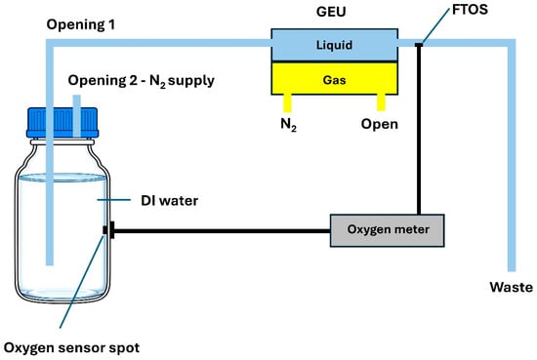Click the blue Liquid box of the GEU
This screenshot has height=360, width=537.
tap(334, 45)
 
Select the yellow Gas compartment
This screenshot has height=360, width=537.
tap(334, 79)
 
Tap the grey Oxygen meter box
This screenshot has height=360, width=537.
tap(387, 230)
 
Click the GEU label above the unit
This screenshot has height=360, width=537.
tap(331, 12)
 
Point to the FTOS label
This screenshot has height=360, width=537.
tap(470, 10)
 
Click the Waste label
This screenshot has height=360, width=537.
tap(511, 287)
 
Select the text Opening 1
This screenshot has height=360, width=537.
tap(81, 24)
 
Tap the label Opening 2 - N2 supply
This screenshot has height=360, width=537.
tap(142, 81)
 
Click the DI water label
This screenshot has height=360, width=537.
tap(170, 201)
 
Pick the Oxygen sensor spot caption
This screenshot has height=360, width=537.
tap(71, 348)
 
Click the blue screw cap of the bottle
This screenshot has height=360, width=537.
tap(62, 123)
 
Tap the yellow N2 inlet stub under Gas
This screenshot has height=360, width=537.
tap(287, 103)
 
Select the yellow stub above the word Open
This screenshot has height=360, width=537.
tap(381, 102)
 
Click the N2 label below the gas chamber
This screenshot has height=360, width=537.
tap(288, 125)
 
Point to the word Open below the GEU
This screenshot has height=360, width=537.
tap(380, 124)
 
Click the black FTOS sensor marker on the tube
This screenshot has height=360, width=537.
tap(419, 45)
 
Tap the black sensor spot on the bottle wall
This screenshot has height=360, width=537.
tap(105, 230)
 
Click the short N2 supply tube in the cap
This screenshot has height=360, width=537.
tap(77, 116)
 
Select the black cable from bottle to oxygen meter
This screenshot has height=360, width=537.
tap(222, 231)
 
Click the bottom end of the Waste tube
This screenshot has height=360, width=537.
tap(512, 270)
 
